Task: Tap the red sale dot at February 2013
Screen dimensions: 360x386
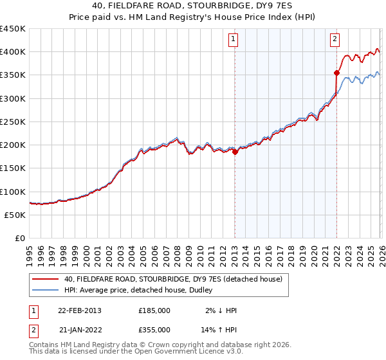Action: pos(235,152)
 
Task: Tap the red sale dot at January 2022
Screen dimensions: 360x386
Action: pos(336,73)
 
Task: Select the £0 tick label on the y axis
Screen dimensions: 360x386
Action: pos(19,238)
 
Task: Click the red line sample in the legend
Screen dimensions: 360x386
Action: pos(46,279)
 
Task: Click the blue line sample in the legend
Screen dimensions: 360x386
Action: pos(46,290)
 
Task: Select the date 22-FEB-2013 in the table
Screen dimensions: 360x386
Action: pos(79,310)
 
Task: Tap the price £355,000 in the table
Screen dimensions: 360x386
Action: pos(154,329)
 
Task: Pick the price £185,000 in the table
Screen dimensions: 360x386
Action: pos(154,310)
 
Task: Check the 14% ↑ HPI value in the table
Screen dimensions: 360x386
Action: pos(221,329)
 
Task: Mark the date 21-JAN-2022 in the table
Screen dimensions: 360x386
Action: pos(79,329)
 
